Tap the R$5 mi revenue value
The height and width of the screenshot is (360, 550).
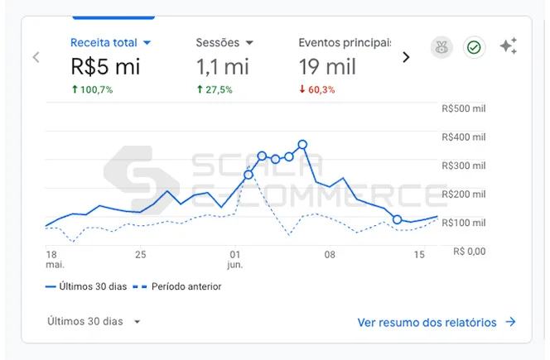(105, 66)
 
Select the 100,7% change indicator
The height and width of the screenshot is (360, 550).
(92, 89)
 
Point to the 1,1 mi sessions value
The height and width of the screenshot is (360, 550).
(224, 66)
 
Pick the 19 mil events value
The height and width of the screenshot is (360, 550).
(328, 66)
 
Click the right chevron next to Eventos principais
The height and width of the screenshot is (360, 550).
(406, 57)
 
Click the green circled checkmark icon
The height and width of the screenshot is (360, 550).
(474, 48)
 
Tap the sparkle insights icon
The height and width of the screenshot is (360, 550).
(508, 47)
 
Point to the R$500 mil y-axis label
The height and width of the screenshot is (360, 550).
(464, 108)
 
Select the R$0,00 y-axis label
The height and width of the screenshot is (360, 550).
(469, 251)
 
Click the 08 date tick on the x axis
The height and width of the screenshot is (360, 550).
(330, 254)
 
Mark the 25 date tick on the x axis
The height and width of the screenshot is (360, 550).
(140, 254)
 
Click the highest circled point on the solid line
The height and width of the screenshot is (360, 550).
(302, 144)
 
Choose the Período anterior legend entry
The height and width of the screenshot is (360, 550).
(179, 286)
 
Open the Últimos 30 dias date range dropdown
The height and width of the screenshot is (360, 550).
(94, 321)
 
